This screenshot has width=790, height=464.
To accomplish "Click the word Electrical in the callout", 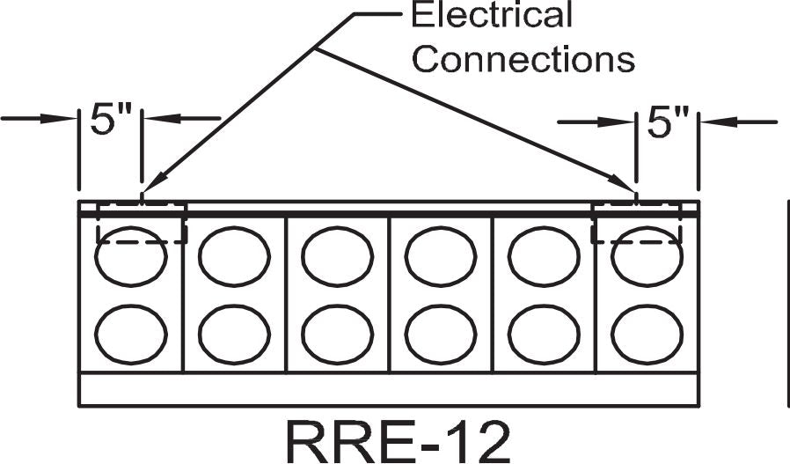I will (492, 15).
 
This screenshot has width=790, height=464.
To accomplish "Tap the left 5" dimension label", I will (110, 122).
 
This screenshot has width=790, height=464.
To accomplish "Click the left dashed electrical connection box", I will (141, 222).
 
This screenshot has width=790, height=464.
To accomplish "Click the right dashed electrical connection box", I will (637, 222).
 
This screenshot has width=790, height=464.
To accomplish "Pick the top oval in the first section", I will (131, 256).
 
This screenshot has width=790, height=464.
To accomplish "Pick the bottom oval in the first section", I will (131, 334).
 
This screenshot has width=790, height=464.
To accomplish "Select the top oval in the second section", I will (234, 256).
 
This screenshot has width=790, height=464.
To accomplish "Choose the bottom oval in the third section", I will (338, 334).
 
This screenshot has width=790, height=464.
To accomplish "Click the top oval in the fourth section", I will (441, 256).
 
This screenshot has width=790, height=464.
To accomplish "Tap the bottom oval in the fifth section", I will (544, 334).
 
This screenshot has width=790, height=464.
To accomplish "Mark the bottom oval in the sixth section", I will (647, 334).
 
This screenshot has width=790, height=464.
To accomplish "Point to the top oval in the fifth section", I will (544, 256).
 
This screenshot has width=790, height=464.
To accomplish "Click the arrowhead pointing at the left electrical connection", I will (146, 188).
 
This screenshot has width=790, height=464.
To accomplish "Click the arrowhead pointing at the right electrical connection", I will (629, 188).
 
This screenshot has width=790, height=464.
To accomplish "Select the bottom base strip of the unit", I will (387, 389).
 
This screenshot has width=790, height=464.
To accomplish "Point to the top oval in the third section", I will (338, 256).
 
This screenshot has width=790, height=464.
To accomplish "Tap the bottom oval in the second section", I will (234, 334).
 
